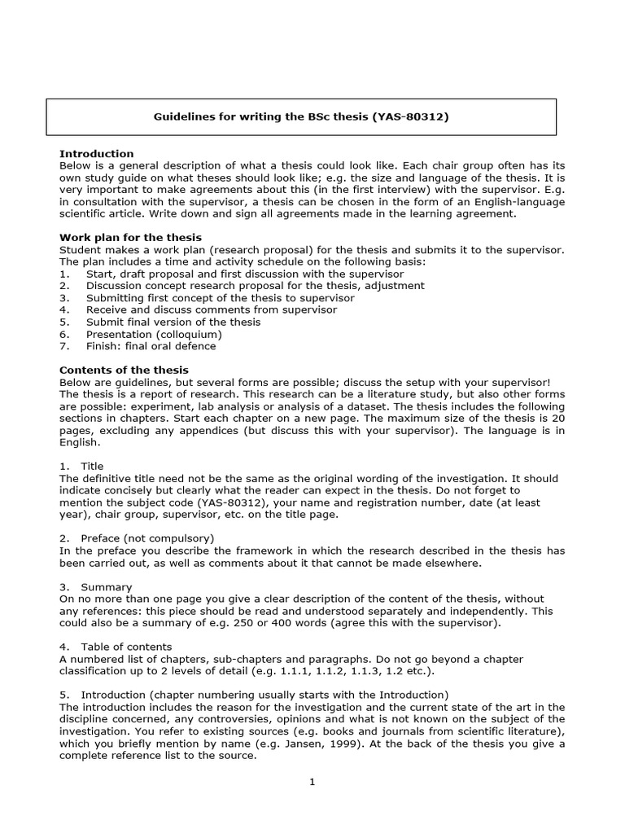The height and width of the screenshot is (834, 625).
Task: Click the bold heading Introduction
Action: [96, 154]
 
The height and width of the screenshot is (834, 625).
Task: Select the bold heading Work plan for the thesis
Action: [119, 237]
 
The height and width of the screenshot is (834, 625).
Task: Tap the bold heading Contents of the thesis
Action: [124, 370]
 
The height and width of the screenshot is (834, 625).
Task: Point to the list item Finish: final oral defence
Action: [151, 346]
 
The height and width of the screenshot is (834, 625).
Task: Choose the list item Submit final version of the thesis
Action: [173, 322]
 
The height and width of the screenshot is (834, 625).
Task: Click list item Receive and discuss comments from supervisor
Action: [211, 309]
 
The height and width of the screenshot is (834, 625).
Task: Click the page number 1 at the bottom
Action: [312, 783]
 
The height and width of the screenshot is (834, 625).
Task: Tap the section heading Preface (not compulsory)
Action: [147, 538]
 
